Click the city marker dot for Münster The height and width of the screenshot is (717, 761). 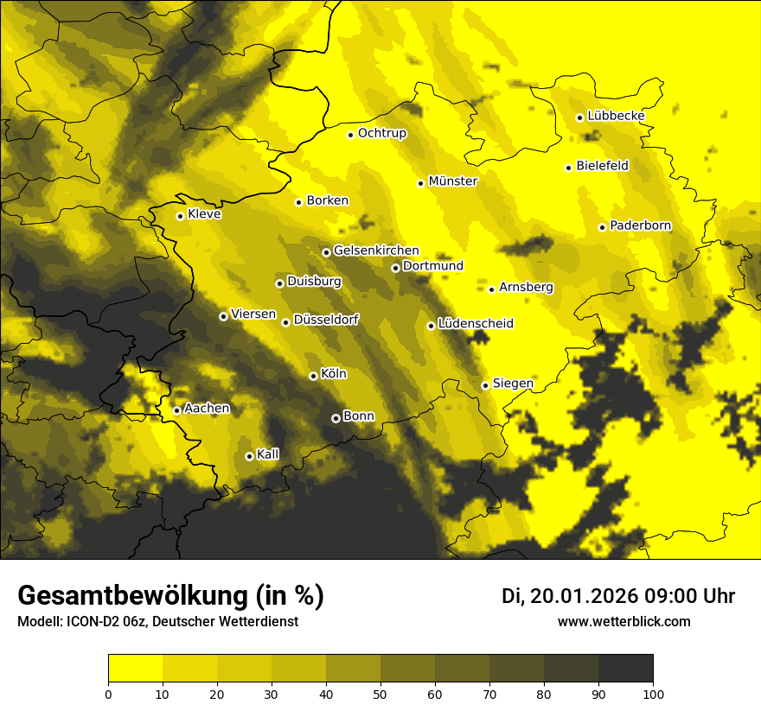coord(420,183)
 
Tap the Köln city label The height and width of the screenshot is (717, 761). coord(333,374)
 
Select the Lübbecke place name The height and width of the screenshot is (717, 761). coord(616,116)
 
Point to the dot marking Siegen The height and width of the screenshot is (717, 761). coord(485,385)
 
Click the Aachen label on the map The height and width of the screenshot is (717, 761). coord(207,408)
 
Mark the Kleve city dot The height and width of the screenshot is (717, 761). coord(180,216)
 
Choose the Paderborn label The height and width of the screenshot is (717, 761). coord(640,225)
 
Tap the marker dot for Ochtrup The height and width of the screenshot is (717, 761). coord(350,135)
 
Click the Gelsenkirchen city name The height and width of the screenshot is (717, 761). coord(376,251)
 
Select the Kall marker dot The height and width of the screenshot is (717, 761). coord(249,456)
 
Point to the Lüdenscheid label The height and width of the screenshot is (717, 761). coord(476,324)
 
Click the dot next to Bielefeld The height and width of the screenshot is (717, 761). coord(568,168)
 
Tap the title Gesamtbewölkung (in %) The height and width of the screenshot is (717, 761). coord(170,596)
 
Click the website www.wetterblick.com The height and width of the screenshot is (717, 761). coord(624,621)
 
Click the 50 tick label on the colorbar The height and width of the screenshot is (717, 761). coord(380,694)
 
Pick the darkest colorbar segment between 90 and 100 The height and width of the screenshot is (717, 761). coord(625,669)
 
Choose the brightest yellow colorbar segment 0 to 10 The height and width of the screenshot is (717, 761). coord(135,669)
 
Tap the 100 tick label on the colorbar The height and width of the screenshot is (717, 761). coord(652,694)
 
